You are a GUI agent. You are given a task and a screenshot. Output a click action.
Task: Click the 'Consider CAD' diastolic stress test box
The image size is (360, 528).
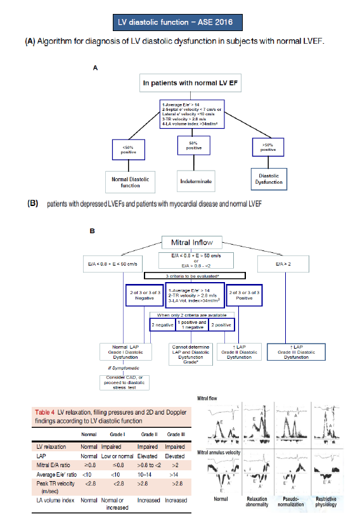click(122, 382)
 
